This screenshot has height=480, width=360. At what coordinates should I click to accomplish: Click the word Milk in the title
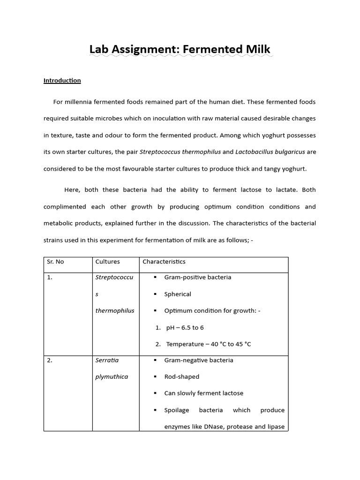click(255, 49)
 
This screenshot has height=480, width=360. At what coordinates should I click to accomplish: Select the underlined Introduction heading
click(62, 81)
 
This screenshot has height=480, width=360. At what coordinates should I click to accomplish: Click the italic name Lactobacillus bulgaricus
click(270, 152)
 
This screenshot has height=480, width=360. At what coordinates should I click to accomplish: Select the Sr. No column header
click(56, 262)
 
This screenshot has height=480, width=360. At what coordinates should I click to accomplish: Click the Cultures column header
click(107, 262)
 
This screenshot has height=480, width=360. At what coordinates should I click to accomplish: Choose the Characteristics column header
click(164, 262)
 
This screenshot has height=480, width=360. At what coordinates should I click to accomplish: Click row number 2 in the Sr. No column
click(50, 360)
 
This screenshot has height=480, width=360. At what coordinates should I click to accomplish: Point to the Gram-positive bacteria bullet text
click(197, 277)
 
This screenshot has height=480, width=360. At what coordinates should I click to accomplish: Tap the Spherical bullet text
click(178, 294)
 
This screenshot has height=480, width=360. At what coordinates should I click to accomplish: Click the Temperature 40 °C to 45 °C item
click(209, 344)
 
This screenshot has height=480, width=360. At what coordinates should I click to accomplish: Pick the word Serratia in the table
click(107, 360)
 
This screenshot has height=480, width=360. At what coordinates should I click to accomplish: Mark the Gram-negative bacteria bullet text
click(199, 360)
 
